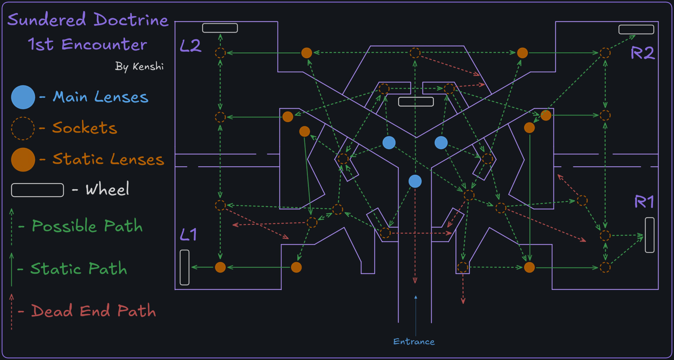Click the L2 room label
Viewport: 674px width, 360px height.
pyautogui.click(x=191, y=46)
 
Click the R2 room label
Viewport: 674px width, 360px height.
pyautogui.click(x=642, y=53)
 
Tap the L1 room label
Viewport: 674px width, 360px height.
pyautogui.click(x=189, y=235)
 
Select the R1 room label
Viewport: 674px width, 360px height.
pyautogui.click(x=644, y=202)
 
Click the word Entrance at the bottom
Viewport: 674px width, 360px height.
pyautogui.click(x=414, y=342)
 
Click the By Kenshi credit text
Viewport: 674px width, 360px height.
pyautogui.click(x=139, y=66)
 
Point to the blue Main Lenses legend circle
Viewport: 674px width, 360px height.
pyautogui.click(x=23, y=97)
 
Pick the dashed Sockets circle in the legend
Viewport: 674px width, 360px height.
pyautogui.click(x=23, y=128)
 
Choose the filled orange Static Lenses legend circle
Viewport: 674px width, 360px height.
pyautogui.click(x=23, y=160)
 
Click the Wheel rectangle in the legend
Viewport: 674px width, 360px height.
pyautogui.click(x=38, y=190)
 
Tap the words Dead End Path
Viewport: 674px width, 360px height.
pyautogui.click(x=93, y=311)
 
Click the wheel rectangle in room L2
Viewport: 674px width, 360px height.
pyautogui.click(x=220, y=28)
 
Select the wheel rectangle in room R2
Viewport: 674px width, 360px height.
pyautogui.click(x=636, y=29)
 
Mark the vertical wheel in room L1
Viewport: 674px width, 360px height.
pyautogui.click(x=185, y=267)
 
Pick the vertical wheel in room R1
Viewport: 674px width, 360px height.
pyautogui.click(x=650, y=235)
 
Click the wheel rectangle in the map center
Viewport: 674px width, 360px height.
pyautogui.click(x=416, y=102)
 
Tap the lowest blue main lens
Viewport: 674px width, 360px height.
pyautogui.click(x=415, y=181)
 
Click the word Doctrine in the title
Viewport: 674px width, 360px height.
pyautogui.click(x=131, y=20)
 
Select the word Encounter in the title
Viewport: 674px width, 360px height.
pyautogui.click(x=104, y=45)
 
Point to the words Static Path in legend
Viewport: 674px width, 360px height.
pyautogui.click(x=79, y=269)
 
